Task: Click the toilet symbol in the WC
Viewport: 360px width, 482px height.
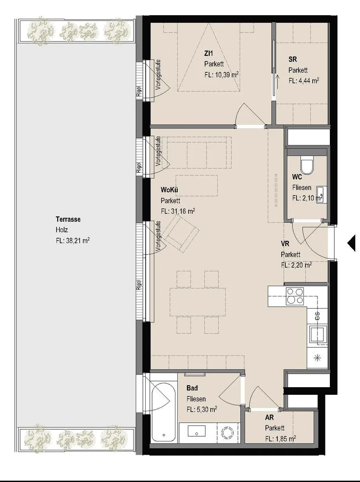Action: click(x=307, y=165)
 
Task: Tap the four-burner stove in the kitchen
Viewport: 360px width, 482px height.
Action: click(x=295, y=296)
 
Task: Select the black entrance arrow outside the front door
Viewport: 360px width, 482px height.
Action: click(x=351, y=243)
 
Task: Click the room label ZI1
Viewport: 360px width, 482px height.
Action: click(x=208, y=53)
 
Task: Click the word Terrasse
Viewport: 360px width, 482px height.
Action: click(x=68, y=219)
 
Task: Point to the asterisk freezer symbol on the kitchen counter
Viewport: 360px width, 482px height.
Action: click(x=317, y=358)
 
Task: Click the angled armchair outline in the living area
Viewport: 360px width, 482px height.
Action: click(x=180, y=233)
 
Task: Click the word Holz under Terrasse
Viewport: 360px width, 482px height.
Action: click(x=62, y=230)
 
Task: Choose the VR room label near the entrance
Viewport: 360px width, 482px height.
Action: click(x=285, y=243)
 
